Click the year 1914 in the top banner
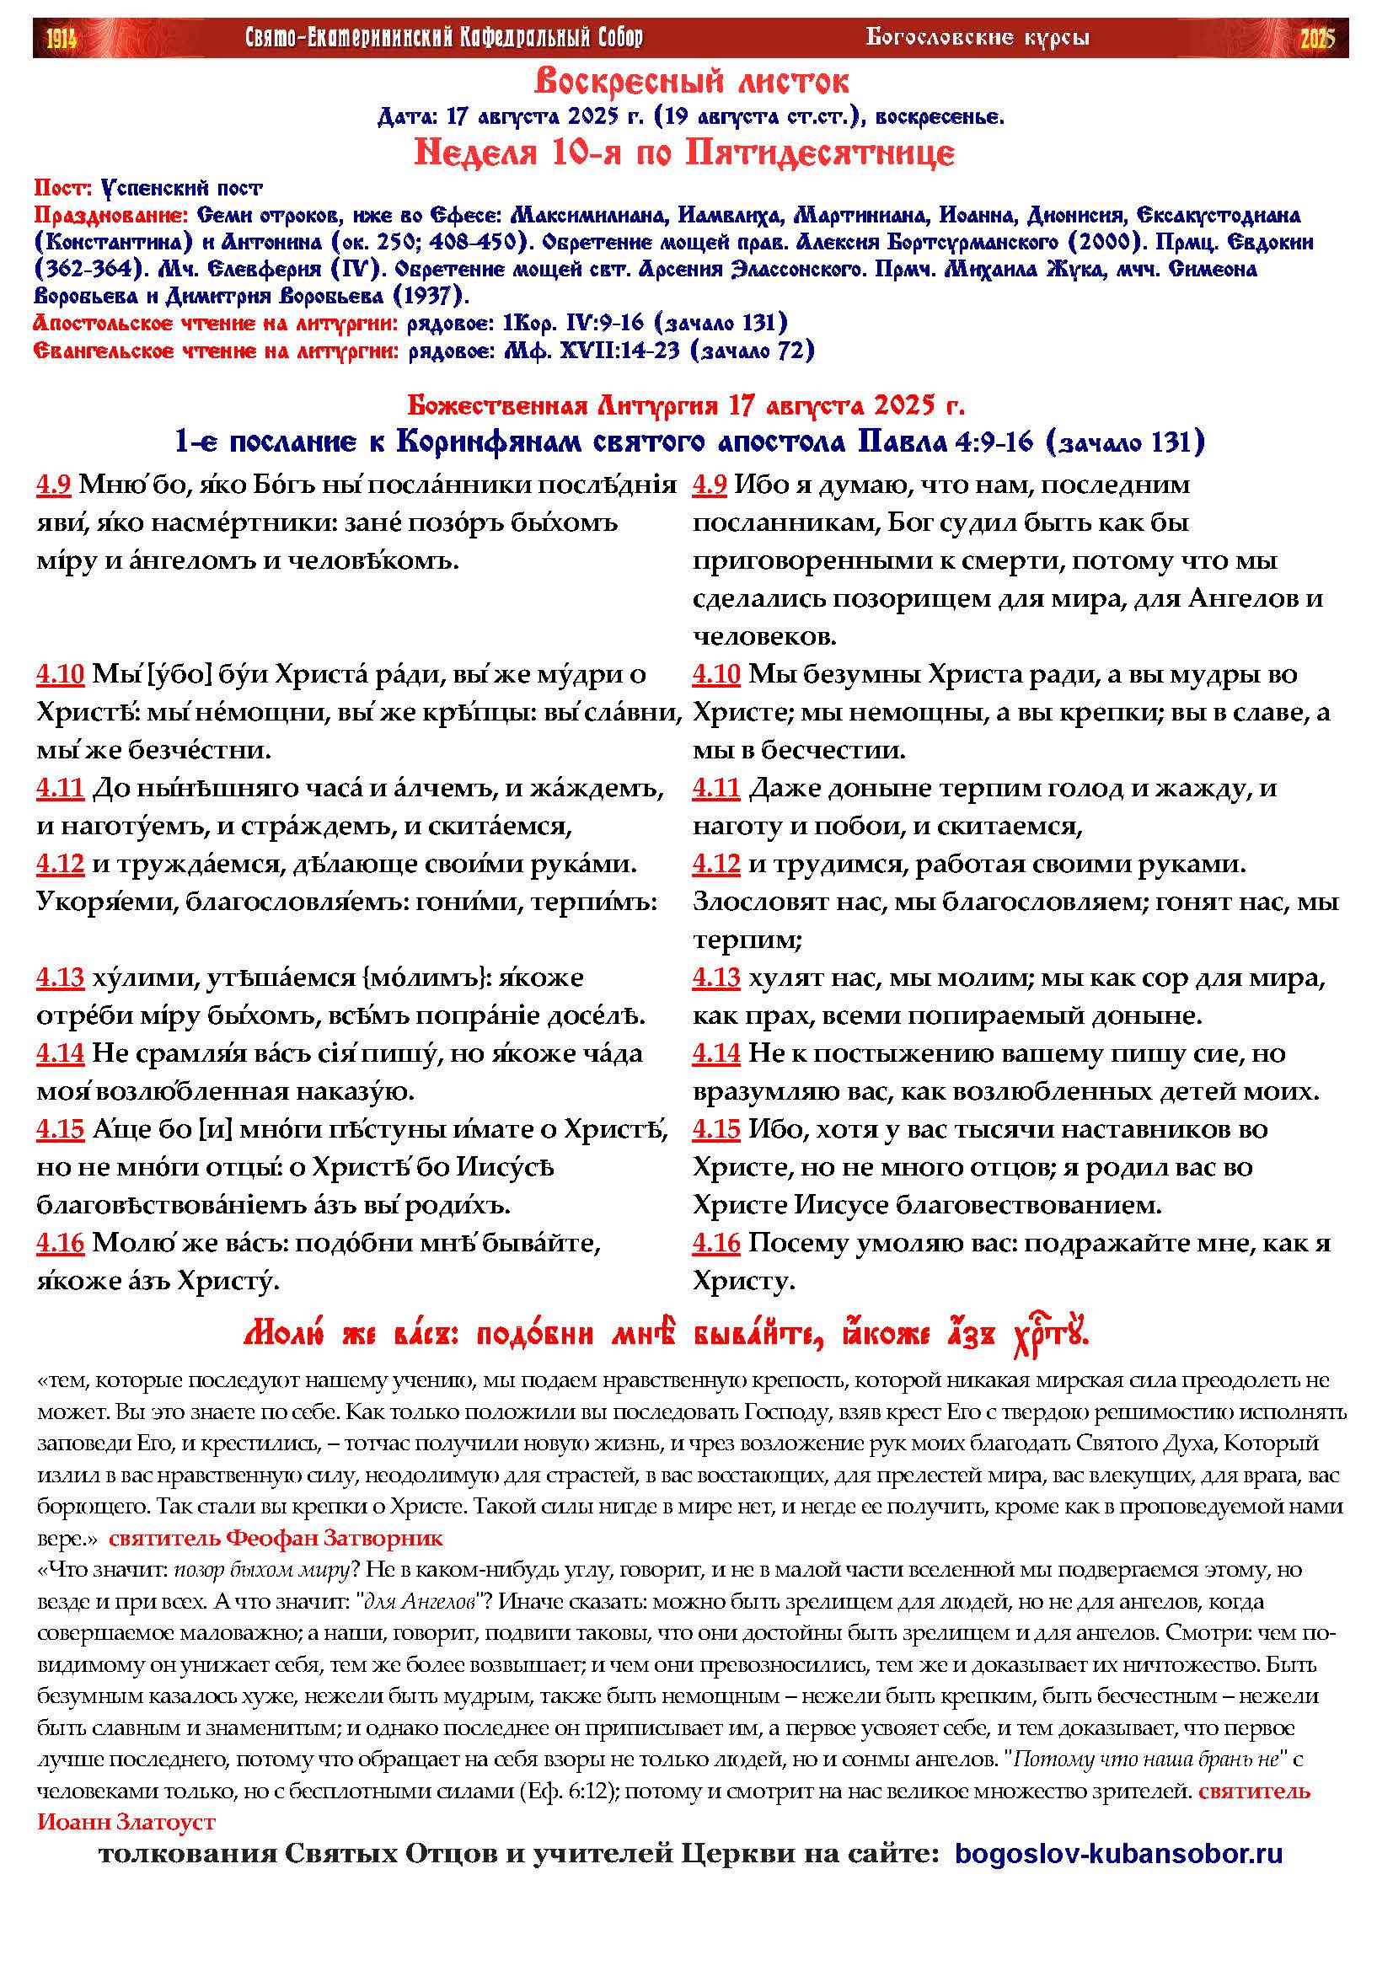point(61,39)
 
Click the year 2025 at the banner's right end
point(1316,39)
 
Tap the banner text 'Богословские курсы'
point(977,38)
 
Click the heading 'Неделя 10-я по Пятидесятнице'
point(684,153)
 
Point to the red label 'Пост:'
point(62,188)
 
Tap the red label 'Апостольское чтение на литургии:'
point(216,324)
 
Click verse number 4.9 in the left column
point(53,485)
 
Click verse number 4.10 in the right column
point(715,675)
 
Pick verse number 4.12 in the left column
point(60,865)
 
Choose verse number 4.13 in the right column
point(715,977)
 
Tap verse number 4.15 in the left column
point(60,1130)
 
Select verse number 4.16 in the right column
point(715,1243)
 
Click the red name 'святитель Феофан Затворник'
point(276,1538)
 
